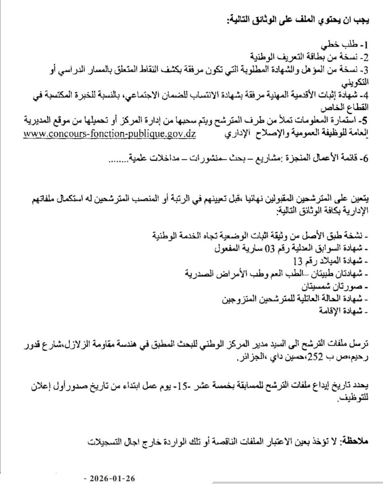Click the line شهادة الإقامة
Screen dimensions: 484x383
341,311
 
